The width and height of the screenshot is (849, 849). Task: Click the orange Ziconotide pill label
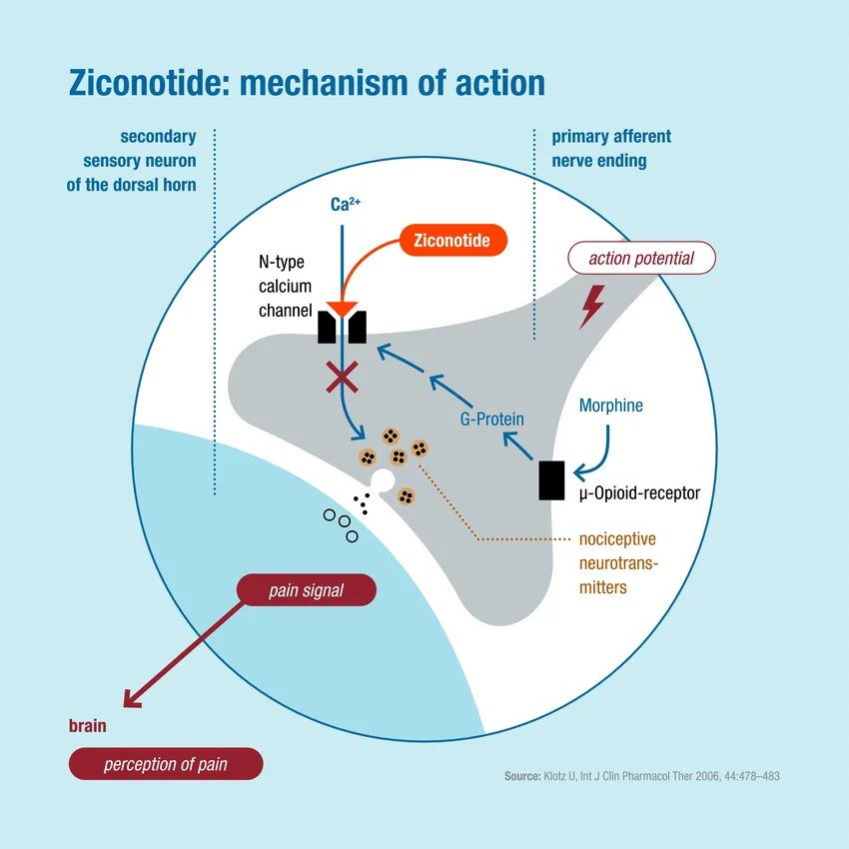point(452,241)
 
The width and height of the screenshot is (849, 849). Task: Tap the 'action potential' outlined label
point(641,259)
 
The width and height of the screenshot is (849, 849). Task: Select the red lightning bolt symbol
point(592,307)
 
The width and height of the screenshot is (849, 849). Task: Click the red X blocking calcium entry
point(343,378)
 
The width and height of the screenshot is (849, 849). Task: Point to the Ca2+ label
point(345,205)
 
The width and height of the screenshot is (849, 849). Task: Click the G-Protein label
point(491,420)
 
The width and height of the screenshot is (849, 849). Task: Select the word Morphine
point(611,406)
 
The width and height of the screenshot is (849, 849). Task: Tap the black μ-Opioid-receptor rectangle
point(551,480)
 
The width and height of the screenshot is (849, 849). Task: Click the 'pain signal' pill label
point(306,590)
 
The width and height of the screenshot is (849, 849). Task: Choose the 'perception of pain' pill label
point(166,765)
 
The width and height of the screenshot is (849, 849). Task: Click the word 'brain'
point(87,726)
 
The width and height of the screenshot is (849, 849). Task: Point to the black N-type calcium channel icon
point(342,327)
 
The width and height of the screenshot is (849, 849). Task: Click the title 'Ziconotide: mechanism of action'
point(307,82)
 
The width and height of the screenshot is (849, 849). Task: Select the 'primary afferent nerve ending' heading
point(611,148)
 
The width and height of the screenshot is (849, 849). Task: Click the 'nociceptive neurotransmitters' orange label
point(618,563)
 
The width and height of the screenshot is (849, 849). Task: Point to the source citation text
point(641,776)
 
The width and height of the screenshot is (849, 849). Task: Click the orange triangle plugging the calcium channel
point(342,311)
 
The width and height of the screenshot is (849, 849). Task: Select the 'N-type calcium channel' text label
point(285,286)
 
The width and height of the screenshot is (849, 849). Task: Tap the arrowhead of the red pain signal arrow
point(128,699)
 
